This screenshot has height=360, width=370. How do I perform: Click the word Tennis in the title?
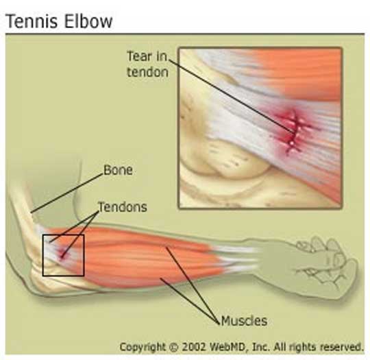pos(32,21)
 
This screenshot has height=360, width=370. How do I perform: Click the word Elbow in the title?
pos(88,21)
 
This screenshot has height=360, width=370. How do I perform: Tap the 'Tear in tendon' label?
pos(147,64)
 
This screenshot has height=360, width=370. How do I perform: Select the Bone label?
pos(118,170)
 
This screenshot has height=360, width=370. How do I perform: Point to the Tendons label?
pos(123,207)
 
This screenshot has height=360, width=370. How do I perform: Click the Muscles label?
pos(244,321)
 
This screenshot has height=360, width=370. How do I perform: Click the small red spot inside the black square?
pos(62,255)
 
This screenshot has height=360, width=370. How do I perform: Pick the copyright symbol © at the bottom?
pos(173,347)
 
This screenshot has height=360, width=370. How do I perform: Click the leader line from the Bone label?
pos(66,193)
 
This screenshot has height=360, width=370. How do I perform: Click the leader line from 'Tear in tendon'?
pos(232,97)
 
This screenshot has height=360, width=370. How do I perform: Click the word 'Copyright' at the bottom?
pos(143,347)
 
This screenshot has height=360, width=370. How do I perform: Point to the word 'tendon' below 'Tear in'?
pos(148,72)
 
